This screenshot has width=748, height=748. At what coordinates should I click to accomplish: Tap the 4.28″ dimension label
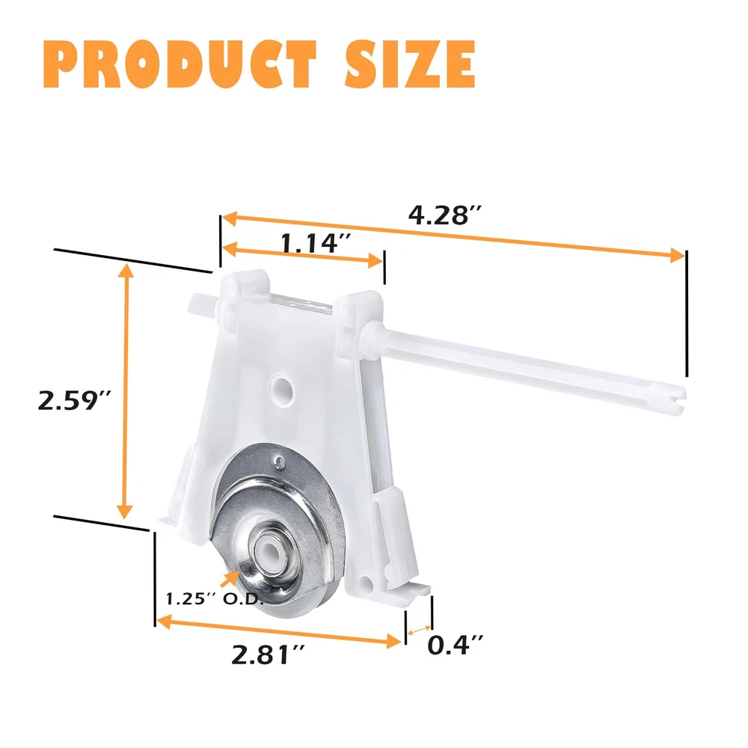click(x=444, y=215)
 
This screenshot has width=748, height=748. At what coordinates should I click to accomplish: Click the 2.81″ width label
click(x=268, y=654)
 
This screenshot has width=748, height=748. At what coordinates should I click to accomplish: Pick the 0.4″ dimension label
click(x=455, y=645)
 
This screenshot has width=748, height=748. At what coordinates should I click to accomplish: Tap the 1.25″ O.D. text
click(x=215, y=598)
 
